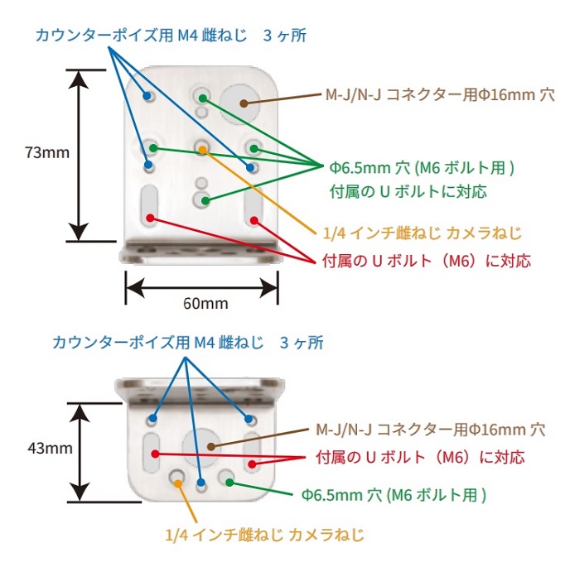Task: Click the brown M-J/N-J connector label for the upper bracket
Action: point(437,95)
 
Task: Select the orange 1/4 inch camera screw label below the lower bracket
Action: point(264,534)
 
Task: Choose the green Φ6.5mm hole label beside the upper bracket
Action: point(423,167)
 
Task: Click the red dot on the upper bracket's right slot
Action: point(255,221)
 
